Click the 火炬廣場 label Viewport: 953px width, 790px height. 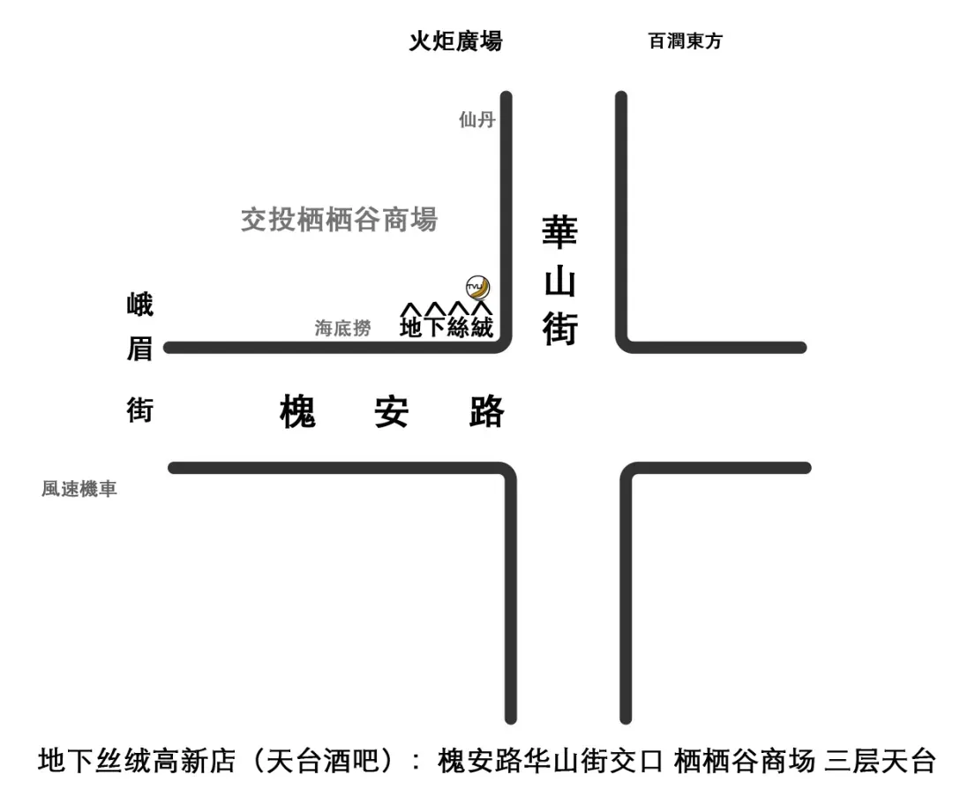(x=455, y=41)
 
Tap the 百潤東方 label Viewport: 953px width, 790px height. (x=685, y=41)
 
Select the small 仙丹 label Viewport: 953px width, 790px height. (x=476, y=120)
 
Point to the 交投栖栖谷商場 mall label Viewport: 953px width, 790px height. (x=339, y=219)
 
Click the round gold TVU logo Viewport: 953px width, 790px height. (x=477, y=287)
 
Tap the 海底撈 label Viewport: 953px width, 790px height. (x=343, y=328)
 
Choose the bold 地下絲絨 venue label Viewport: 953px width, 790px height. (x=446, y=327)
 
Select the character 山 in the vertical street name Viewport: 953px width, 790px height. (x=559, y=282)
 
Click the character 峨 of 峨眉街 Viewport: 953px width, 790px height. (x=139, y=305)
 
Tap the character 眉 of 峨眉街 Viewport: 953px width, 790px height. (x=139, y=350)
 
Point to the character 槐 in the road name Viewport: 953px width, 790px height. (x=297, y=412)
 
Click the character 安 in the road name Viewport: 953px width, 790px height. (x=392, y=412)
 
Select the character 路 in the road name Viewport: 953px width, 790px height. (x=486, y=412)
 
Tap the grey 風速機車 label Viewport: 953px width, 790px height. (x=79, y=488)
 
